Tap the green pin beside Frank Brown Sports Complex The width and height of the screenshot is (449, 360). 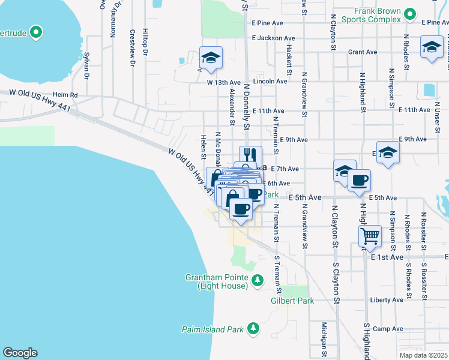tap(411, 13)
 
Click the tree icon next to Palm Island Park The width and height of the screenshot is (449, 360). tap(254, 328)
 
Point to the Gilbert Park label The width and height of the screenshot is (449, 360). tap(292, 301)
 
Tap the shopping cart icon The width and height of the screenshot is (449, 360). tap(370, 235)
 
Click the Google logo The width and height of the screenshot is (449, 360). tap(20, 353)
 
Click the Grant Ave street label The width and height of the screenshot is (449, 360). tap(363, 52)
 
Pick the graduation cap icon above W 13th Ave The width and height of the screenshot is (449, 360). tap(211, 58)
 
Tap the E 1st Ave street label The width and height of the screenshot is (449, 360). tap(387, 257)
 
